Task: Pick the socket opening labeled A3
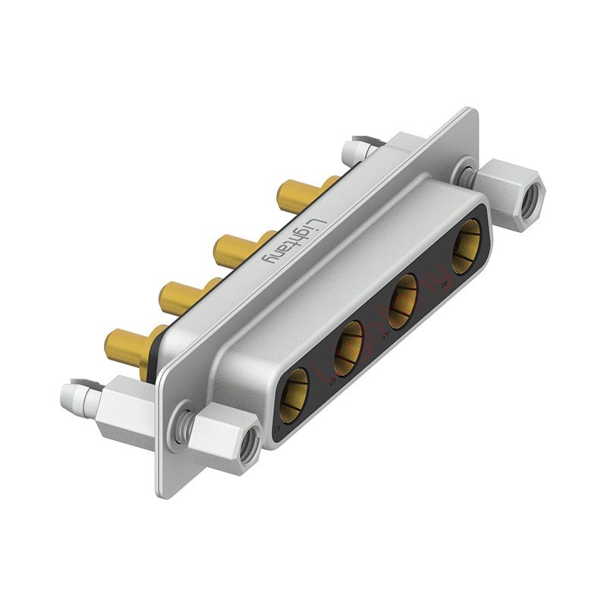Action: tap(403, 301)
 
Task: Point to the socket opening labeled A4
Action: tap(466, 247)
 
